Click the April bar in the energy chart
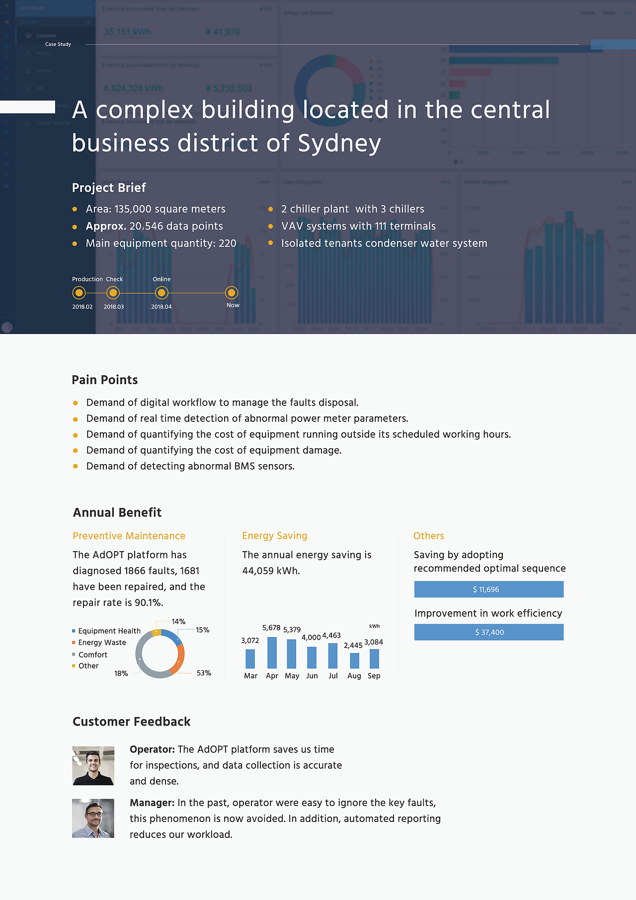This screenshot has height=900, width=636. coord(272,653)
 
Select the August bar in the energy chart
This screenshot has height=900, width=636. coord(354,660)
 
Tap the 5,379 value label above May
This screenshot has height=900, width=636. coord(292,630)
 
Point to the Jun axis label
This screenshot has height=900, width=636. coord(312,676)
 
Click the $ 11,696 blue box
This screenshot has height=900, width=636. coord(488,589)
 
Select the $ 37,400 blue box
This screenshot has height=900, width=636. coord(488,632)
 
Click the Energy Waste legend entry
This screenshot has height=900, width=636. coord(102,643)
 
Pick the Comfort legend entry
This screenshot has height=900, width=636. coord(93,655)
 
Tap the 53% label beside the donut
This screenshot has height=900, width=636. coord(204,673)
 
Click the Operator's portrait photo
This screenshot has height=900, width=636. coord(93,766)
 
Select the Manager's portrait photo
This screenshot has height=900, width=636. coord(93,818)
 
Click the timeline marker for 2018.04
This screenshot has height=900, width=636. coord(161,293)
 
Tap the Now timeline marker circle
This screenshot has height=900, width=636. coord(232,293)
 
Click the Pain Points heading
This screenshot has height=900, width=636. coord(105,380)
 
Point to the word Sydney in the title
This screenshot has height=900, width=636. coord(339,144)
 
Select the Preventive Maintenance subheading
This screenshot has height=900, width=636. coord(129,536)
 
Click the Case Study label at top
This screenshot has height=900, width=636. coord(58,44)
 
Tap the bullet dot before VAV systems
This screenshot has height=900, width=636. coord(271,227)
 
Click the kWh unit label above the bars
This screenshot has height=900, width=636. coord(375,626)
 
